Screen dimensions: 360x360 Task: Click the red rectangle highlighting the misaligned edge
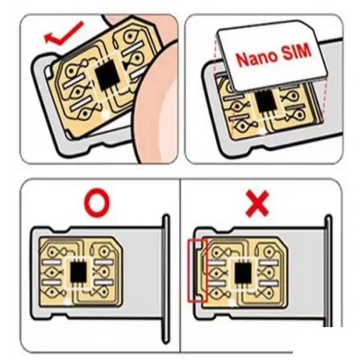[196, 270]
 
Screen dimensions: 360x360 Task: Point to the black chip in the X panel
[243, 273]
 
